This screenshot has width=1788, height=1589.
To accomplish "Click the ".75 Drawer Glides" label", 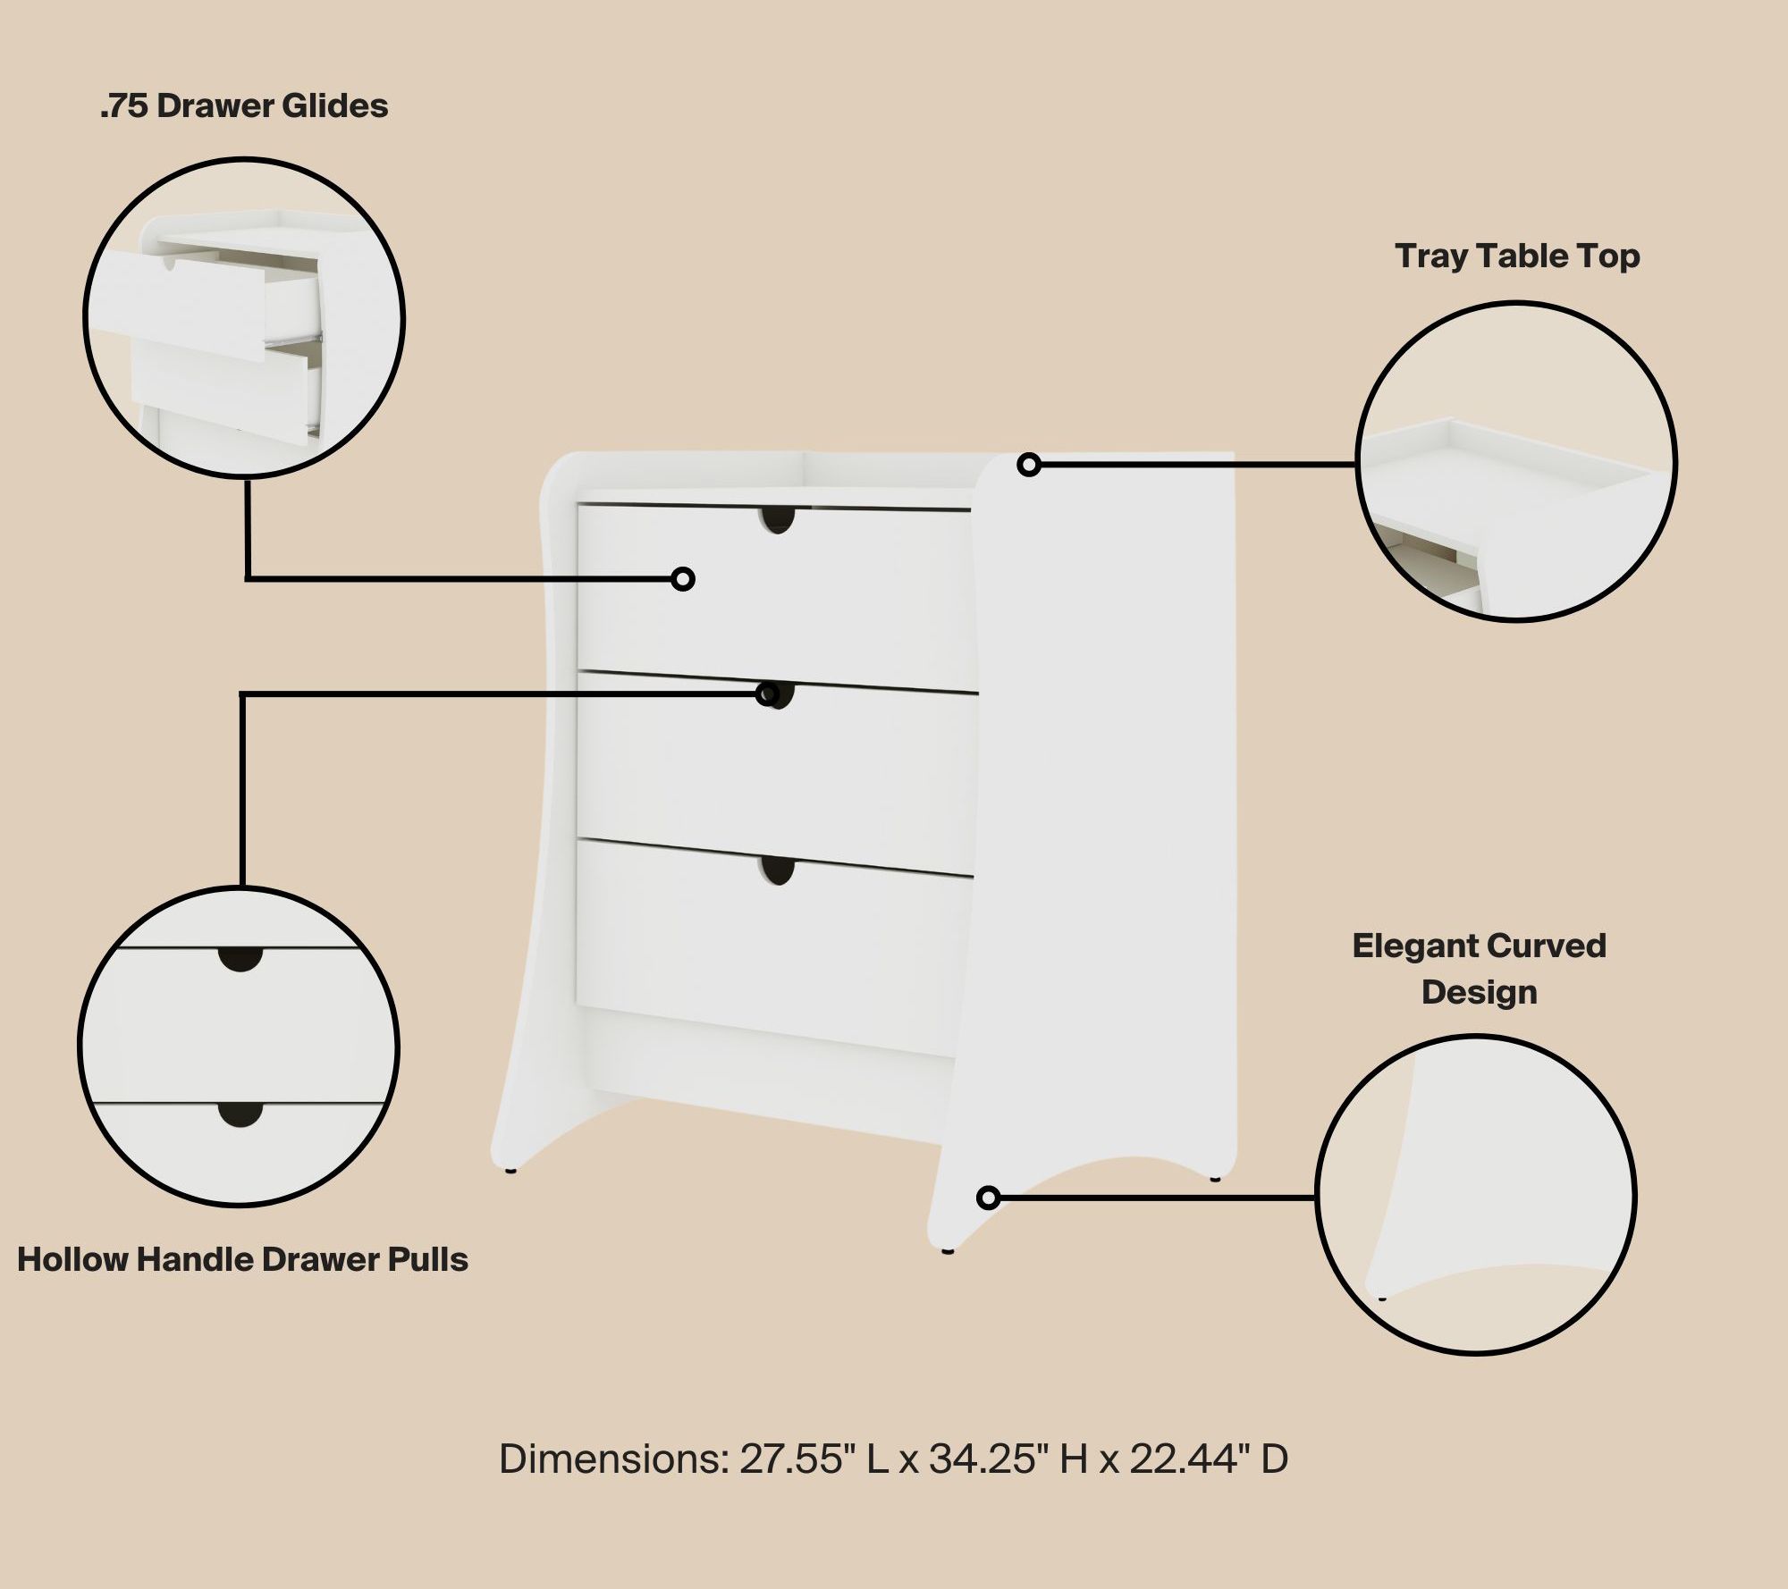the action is [244, 106].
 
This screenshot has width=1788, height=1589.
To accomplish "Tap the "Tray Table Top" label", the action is [1517, 256].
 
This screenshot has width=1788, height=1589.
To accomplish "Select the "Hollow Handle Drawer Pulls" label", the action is [242, 1260].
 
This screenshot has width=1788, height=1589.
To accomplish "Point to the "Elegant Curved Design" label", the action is [1479, 969].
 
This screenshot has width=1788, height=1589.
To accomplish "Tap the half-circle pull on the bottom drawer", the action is [779, 870].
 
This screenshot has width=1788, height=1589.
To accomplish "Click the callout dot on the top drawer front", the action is [683, 579].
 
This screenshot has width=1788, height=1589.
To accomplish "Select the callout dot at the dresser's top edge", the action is [1029, 465].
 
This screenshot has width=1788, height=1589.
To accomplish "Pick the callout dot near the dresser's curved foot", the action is [988, 1198].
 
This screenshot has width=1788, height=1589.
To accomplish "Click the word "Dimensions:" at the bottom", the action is [614, 1459].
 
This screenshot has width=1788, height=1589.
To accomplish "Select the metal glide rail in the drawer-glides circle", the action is [294, 339].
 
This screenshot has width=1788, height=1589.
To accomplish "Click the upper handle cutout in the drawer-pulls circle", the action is [240, 957].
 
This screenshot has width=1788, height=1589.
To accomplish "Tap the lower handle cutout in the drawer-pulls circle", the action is [240, 1114].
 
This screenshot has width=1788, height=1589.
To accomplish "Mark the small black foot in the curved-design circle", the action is [1382, 1298].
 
